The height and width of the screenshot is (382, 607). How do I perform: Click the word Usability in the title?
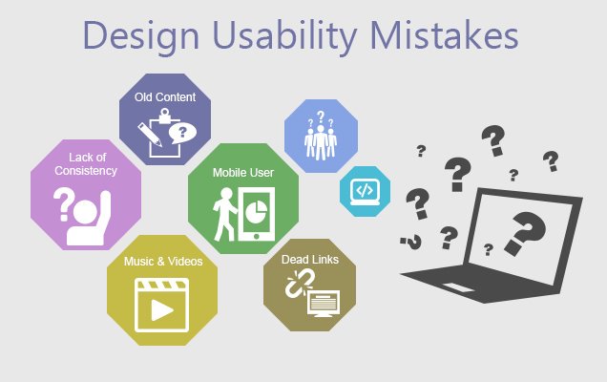[x=285, y=36]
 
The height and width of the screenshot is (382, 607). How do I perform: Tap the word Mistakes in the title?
[x=444, y=34]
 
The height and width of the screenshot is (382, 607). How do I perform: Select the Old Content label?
[x=165, y=96]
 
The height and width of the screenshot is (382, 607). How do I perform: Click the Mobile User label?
[x=243, y=173]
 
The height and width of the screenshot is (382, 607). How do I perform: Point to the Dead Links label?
[x=309, y=260]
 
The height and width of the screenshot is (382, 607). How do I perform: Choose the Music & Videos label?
[x=163, y=262]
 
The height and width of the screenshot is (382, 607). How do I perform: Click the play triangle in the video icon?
[x=162, y=310]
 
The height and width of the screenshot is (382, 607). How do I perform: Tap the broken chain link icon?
[x=300, y=284]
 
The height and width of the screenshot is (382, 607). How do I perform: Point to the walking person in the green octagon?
[x=224, y=214]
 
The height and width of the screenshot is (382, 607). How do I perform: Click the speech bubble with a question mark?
[x=182, y=134]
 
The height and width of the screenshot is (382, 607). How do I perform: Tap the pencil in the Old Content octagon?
[x=150, y=135]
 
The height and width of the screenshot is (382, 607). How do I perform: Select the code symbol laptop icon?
[x=365, y=191]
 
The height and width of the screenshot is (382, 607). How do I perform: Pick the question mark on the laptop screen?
[x=525, y=233]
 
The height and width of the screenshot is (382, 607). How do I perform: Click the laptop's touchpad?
[x=458, y=287]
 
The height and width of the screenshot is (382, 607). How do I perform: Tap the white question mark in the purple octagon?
[x=64, y=203]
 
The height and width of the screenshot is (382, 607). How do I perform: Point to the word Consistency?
[x=86, y=171]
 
